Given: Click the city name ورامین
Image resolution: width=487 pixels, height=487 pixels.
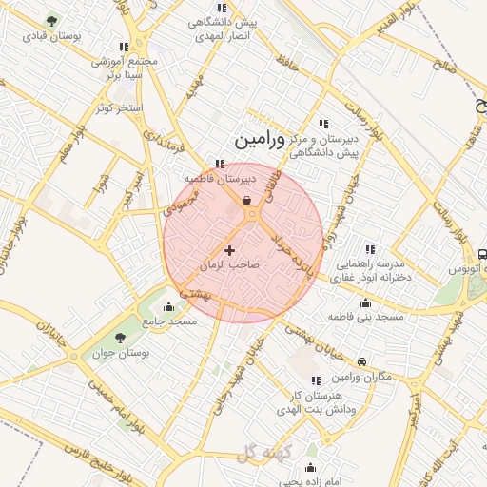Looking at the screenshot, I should pyautogui.click(x=259, y=141).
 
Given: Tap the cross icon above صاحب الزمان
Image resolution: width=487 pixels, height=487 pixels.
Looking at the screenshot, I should pyautogui.click(x=229, y=249).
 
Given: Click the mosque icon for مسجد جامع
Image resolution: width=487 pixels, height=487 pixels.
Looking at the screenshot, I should pyautogui.click(x=169, y=306).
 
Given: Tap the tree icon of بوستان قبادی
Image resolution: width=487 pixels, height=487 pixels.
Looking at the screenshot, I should pyautogui.click(x=51, y=20).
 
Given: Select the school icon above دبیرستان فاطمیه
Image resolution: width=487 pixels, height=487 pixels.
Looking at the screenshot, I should pyautogui.click(x=221, y=163).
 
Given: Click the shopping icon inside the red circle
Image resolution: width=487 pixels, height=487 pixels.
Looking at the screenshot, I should pyautogui.click(x=247, y=201).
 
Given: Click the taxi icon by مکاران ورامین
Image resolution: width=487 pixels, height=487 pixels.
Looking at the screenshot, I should pyautogui.click(x=362, y=362).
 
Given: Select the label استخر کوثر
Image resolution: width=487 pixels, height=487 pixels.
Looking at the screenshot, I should pyautogui.click(x=119, y=107).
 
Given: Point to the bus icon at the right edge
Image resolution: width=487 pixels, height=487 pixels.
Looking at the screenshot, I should pyautogui.click(x=482, y=255).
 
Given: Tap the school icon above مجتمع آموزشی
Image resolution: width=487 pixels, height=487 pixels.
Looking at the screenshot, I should pyautogui.click(x=124, y=46).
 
